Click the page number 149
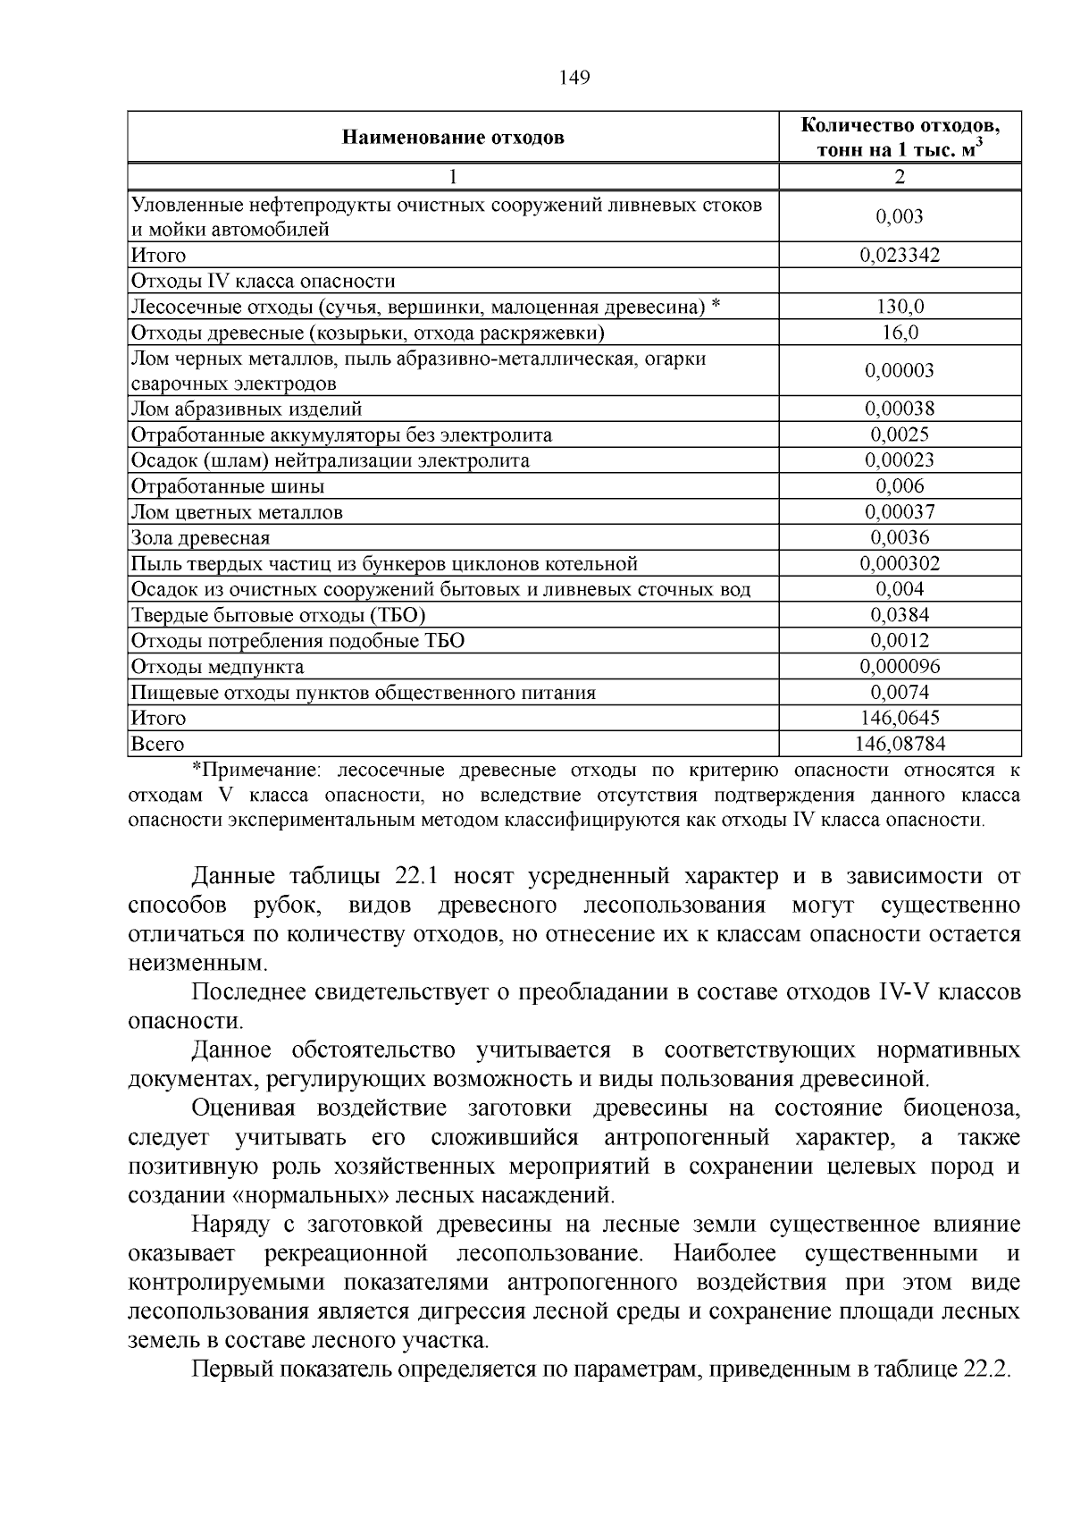coord(574,79)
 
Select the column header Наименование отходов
coord(453,138)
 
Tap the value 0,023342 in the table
coord(900,256)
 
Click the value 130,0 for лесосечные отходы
coord(900,308)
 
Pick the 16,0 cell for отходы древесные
coord(900,333)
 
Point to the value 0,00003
coord(900,371)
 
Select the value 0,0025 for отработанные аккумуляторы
coord(900,435)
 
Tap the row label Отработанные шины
coord(228,487)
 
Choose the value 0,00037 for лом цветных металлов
coord(900,512)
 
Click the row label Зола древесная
coord(200,538)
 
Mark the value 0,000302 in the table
coord(900,564)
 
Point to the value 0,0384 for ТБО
coord(900,615)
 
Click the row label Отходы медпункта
coord(217,667)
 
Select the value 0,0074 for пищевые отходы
coord(900,693)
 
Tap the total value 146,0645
coord(900,718)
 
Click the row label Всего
coord(157,744)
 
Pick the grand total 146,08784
coord(900,744)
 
